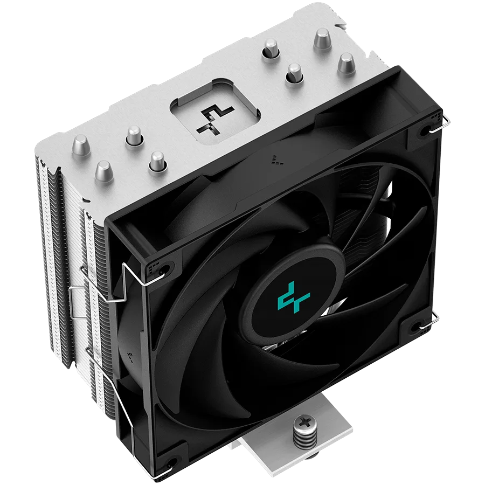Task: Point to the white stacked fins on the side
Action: coord(54,226)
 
